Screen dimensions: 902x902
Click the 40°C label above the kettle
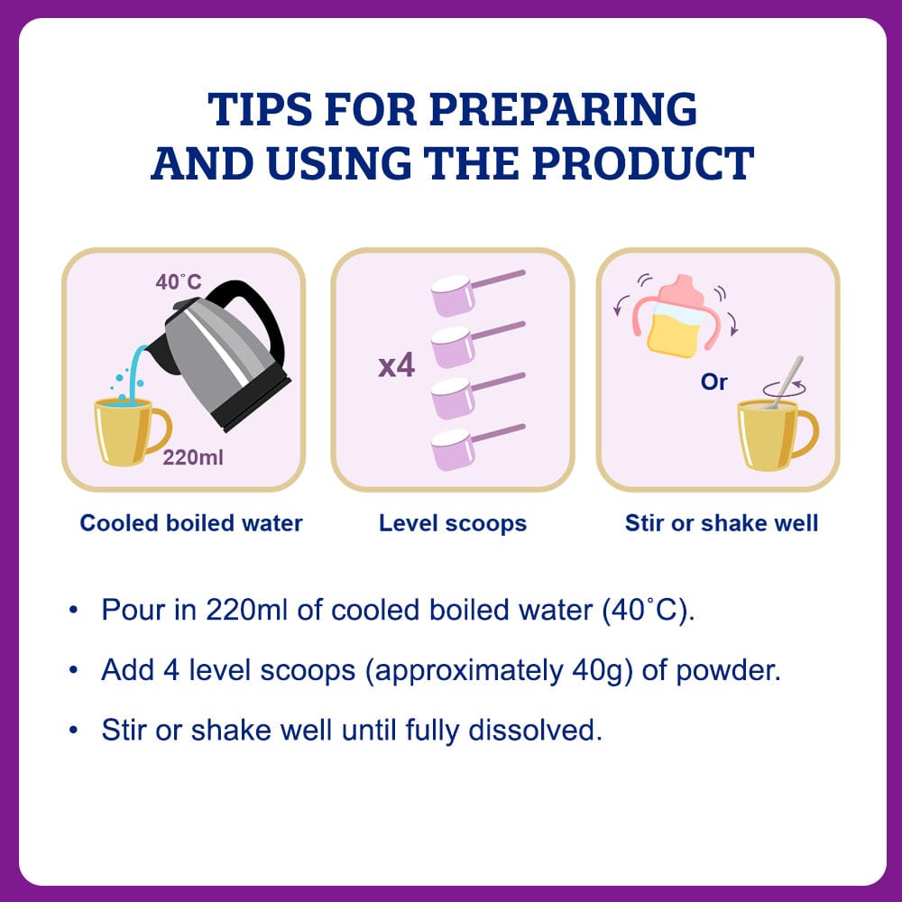pos(179,281)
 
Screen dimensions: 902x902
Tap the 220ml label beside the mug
pos(193,457)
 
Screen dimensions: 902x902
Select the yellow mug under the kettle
pos(129,430)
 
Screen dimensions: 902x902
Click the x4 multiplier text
pos(396,366)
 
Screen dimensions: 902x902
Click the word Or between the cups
pos(713,382)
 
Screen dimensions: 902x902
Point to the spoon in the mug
pos(787,382)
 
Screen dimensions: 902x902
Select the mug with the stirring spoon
pos(777,435)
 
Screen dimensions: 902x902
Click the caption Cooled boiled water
pos(191,523)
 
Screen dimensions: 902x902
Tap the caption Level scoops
pos(453,523)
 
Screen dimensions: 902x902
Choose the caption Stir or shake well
pos(722,523)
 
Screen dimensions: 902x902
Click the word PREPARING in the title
pos(563,109)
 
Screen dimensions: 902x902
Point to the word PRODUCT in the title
pos(642,163)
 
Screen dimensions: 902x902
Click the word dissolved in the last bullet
pos(535,730)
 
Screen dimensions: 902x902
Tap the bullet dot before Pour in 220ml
pos(73,610)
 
